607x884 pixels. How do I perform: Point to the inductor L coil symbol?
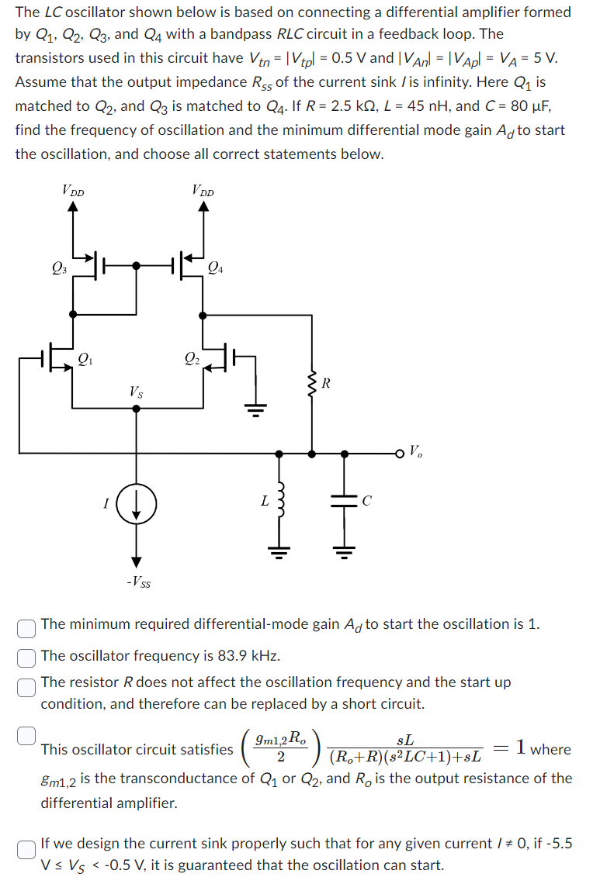pos(283,502)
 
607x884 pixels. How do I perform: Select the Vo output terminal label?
pos(415,451)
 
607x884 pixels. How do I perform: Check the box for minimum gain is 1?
pos(27,626)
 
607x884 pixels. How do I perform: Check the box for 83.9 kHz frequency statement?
pos(27,656)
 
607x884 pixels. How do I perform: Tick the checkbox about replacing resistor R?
pos(27,683)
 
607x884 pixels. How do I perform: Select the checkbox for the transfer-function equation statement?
pos(27,733)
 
